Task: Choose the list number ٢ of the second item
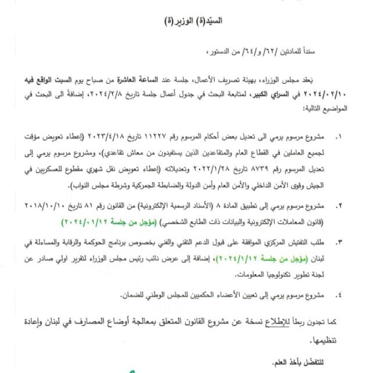pos(340,206)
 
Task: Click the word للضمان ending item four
pos(135,295)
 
